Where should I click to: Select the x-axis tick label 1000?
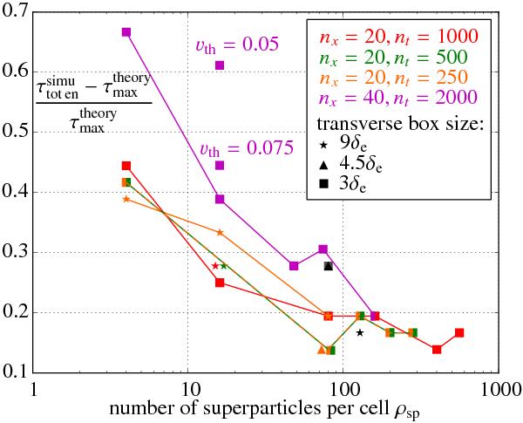pyautogui.click(x=497, y=389)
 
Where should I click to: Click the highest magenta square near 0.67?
pyautogui.click(x=126, y=32)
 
